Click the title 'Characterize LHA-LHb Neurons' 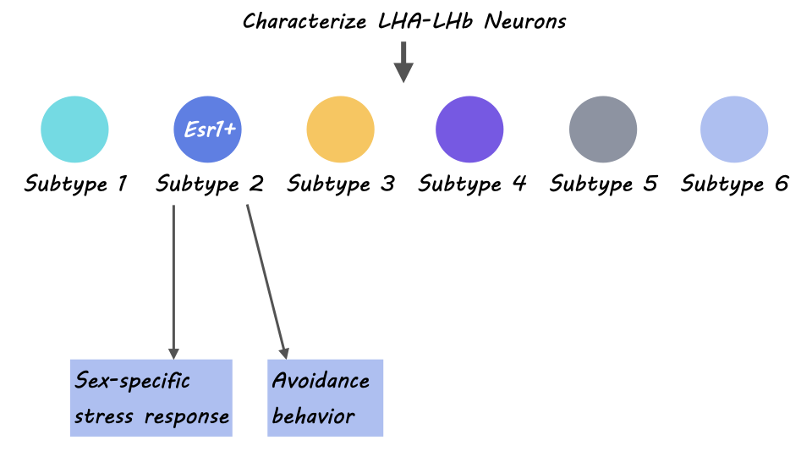(404, 21)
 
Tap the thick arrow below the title (404, 63)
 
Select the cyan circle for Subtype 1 (74, 129)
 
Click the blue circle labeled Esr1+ (207, 129)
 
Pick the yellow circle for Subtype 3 (340, 129)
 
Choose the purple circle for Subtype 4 (469, 129)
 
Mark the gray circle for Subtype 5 (602, 129)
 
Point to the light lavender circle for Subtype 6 (734, 129)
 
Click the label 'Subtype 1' (75, 184)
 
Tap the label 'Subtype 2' (209, 184)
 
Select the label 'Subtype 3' (340, 184)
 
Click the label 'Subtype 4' (472, 184)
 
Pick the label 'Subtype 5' (603, 184)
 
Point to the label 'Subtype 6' (734, 184)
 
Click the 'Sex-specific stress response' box (151, 398)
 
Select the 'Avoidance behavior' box (325, 398)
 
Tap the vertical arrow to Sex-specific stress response (173, 279)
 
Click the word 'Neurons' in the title (525, 21)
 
